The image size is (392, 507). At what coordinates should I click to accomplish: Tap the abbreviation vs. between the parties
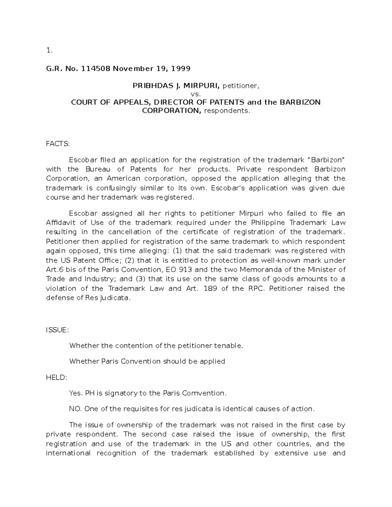point(196,94)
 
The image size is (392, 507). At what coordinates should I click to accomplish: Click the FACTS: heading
point(58,144)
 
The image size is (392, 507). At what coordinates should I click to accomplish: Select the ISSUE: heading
point(57,330)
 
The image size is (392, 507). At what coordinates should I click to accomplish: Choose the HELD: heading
point(57,377)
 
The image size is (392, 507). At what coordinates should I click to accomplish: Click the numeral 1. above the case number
point(49,50)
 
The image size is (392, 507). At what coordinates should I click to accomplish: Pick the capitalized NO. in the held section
point(75,409)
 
